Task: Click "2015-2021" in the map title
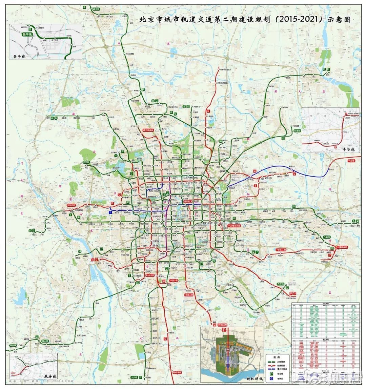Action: pos(299,20)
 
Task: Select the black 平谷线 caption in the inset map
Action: pos(348,149)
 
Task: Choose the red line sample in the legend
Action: pos(272,365)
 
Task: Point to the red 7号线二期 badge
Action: pos(282,250)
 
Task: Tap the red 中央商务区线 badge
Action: pos(234,225)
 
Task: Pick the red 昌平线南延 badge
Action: pos(148,130)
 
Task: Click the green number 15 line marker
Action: pos(324,69)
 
